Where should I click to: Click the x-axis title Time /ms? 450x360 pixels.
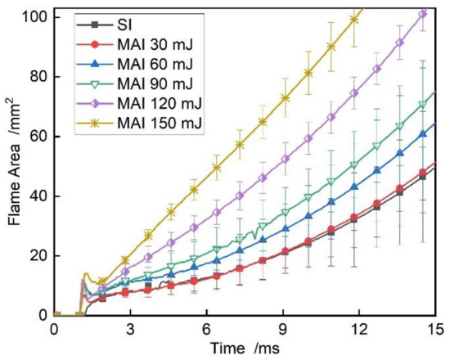click(250, 348)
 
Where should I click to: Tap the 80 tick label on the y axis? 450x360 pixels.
click(37, 77)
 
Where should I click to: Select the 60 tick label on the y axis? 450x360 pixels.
click(37, 137)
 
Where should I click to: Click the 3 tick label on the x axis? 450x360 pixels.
click(130, 328)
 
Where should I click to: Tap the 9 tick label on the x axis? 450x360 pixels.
click(283, 328)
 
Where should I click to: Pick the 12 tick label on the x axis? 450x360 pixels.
click(359, 328)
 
